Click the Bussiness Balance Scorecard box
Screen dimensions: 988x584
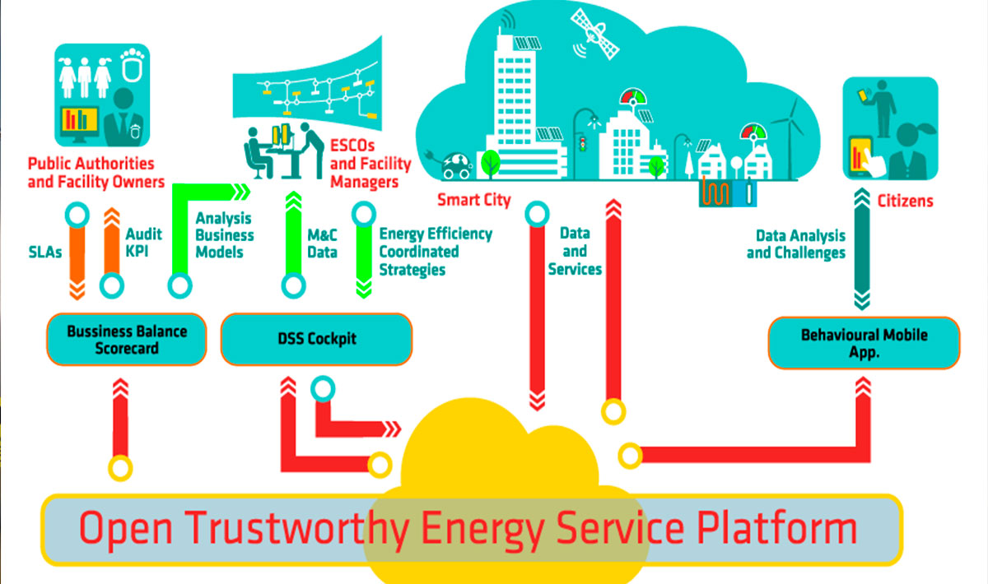(x=127, y=340)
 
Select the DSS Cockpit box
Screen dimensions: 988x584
(x=317, y=339)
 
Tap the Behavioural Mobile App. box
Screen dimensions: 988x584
(x=864, y=343)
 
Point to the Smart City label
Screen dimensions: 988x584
(x=473, y=200)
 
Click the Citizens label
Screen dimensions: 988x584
(x=905, y=201)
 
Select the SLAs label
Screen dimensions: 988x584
(x=45, y=253)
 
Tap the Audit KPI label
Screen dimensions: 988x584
(x=144, y=243)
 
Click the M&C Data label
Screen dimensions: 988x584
(x=323, y=243)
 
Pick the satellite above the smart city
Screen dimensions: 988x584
(x=594, y=34)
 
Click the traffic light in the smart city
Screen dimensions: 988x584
(x=583, y=145)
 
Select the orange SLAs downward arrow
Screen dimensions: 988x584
(x=77, y=263)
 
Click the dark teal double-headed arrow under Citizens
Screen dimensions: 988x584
(x=862, y=249)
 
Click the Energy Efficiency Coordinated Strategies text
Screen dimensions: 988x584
(x=436, y=252)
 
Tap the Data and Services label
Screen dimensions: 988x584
(x=575, y=251)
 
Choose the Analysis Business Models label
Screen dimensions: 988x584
(x=225, y=235)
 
